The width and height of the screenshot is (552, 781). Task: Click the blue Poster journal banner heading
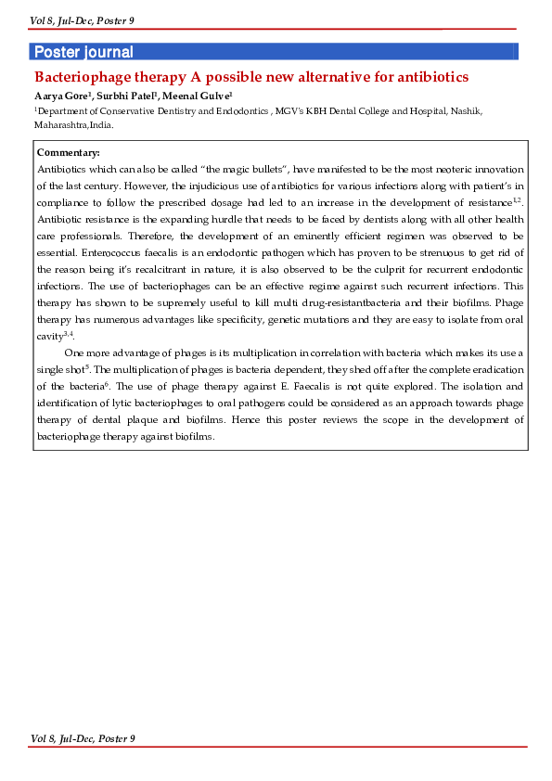point(83,52)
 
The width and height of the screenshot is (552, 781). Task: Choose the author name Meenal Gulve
point(197,96)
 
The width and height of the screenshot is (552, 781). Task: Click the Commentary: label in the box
point(68,153)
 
